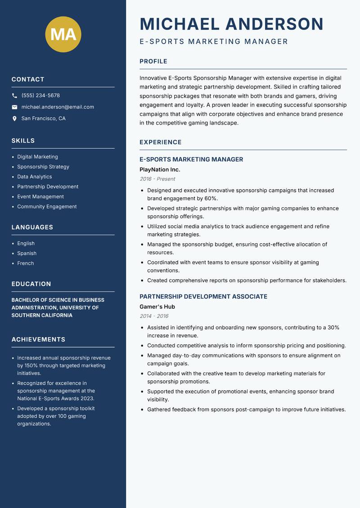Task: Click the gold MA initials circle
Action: pyautogui.click(x=63, y=34)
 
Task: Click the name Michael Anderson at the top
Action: pyautogui.click(x=231, y=24)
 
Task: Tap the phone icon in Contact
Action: pyautogui.click(x=14, y=96)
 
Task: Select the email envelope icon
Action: pyautogui.click(x=14, y=107)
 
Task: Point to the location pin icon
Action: pyautogui.click(x=14, y=119)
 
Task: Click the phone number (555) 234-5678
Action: pyautogui.click(x=40, y=96)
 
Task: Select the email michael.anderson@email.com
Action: pyautogui.click(x=58, y=107)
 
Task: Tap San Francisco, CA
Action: pyautogui.click(x=43, y=119)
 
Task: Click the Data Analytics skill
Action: pyautogui.click(x=35, y=177)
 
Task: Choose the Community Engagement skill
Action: pyautogui.click(x=47, y=207)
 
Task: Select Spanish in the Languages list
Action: pyautogui.click(x=27, y=254)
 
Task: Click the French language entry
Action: pyautogui.click(x=26, y=263)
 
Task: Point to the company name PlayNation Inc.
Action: pyautogui.click(x=160, y=170)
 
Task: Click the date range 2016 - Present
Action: pyautogui.click(x=157, y=179)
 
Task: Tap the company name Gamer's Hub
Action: pyautogui.click(x=157, y=307)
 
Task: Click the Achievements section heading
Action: pyautogui.click(x=38, y=339)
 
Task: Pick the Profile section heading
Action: pyautogui.click(x=153, y=62)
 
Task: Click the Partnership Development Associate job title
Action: pyautogui.click(x=203, y=297)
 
